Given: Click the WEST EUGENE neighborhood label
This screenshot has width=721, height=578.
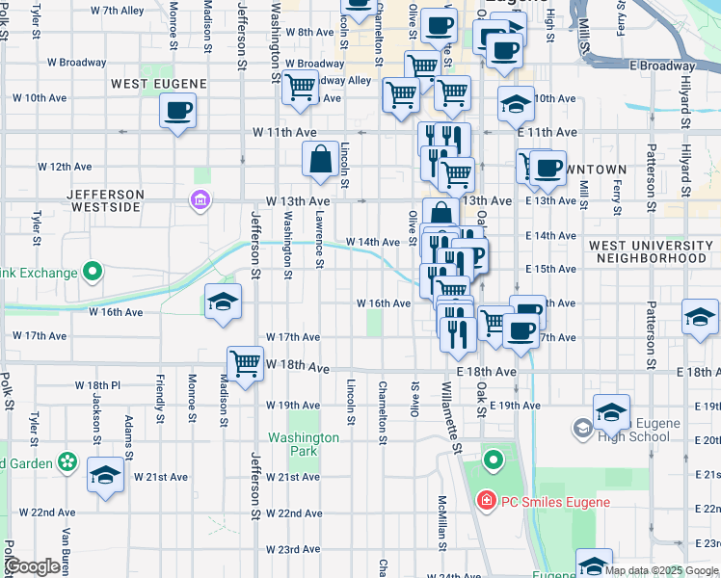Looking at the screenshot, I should coord(155,84).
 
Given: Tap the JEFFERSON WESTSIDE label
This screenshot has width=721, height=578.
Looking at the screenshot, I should coord(106,200).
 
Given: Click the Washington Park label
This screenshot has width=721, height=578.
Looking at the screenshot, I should coord(304,444).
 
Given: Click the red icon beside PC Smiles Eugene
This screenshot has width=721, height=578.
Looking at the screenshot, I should coord(486,502).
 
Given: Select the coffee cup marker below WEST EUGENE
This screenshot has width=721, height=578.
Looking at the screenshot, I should coord(177,111).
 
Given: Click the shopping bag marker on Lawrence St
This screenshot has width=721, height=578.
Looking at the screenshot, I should coord(320,159).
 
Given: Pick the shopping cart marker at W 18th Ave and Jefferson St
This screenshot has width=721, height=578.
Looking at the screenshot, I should coord(246,363).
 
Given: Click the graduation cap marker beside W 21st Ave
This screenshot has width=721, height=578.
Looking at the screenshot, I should coord(105,475).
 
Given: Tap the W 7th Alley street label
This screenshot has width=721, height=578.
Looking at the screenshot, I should coord(116,11).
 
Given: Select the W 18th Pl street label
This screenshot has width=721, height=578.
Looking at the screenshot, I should coord(97,384).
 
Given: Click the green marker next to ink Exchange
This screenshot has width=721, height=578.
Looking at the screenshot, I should coord(93,273).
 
